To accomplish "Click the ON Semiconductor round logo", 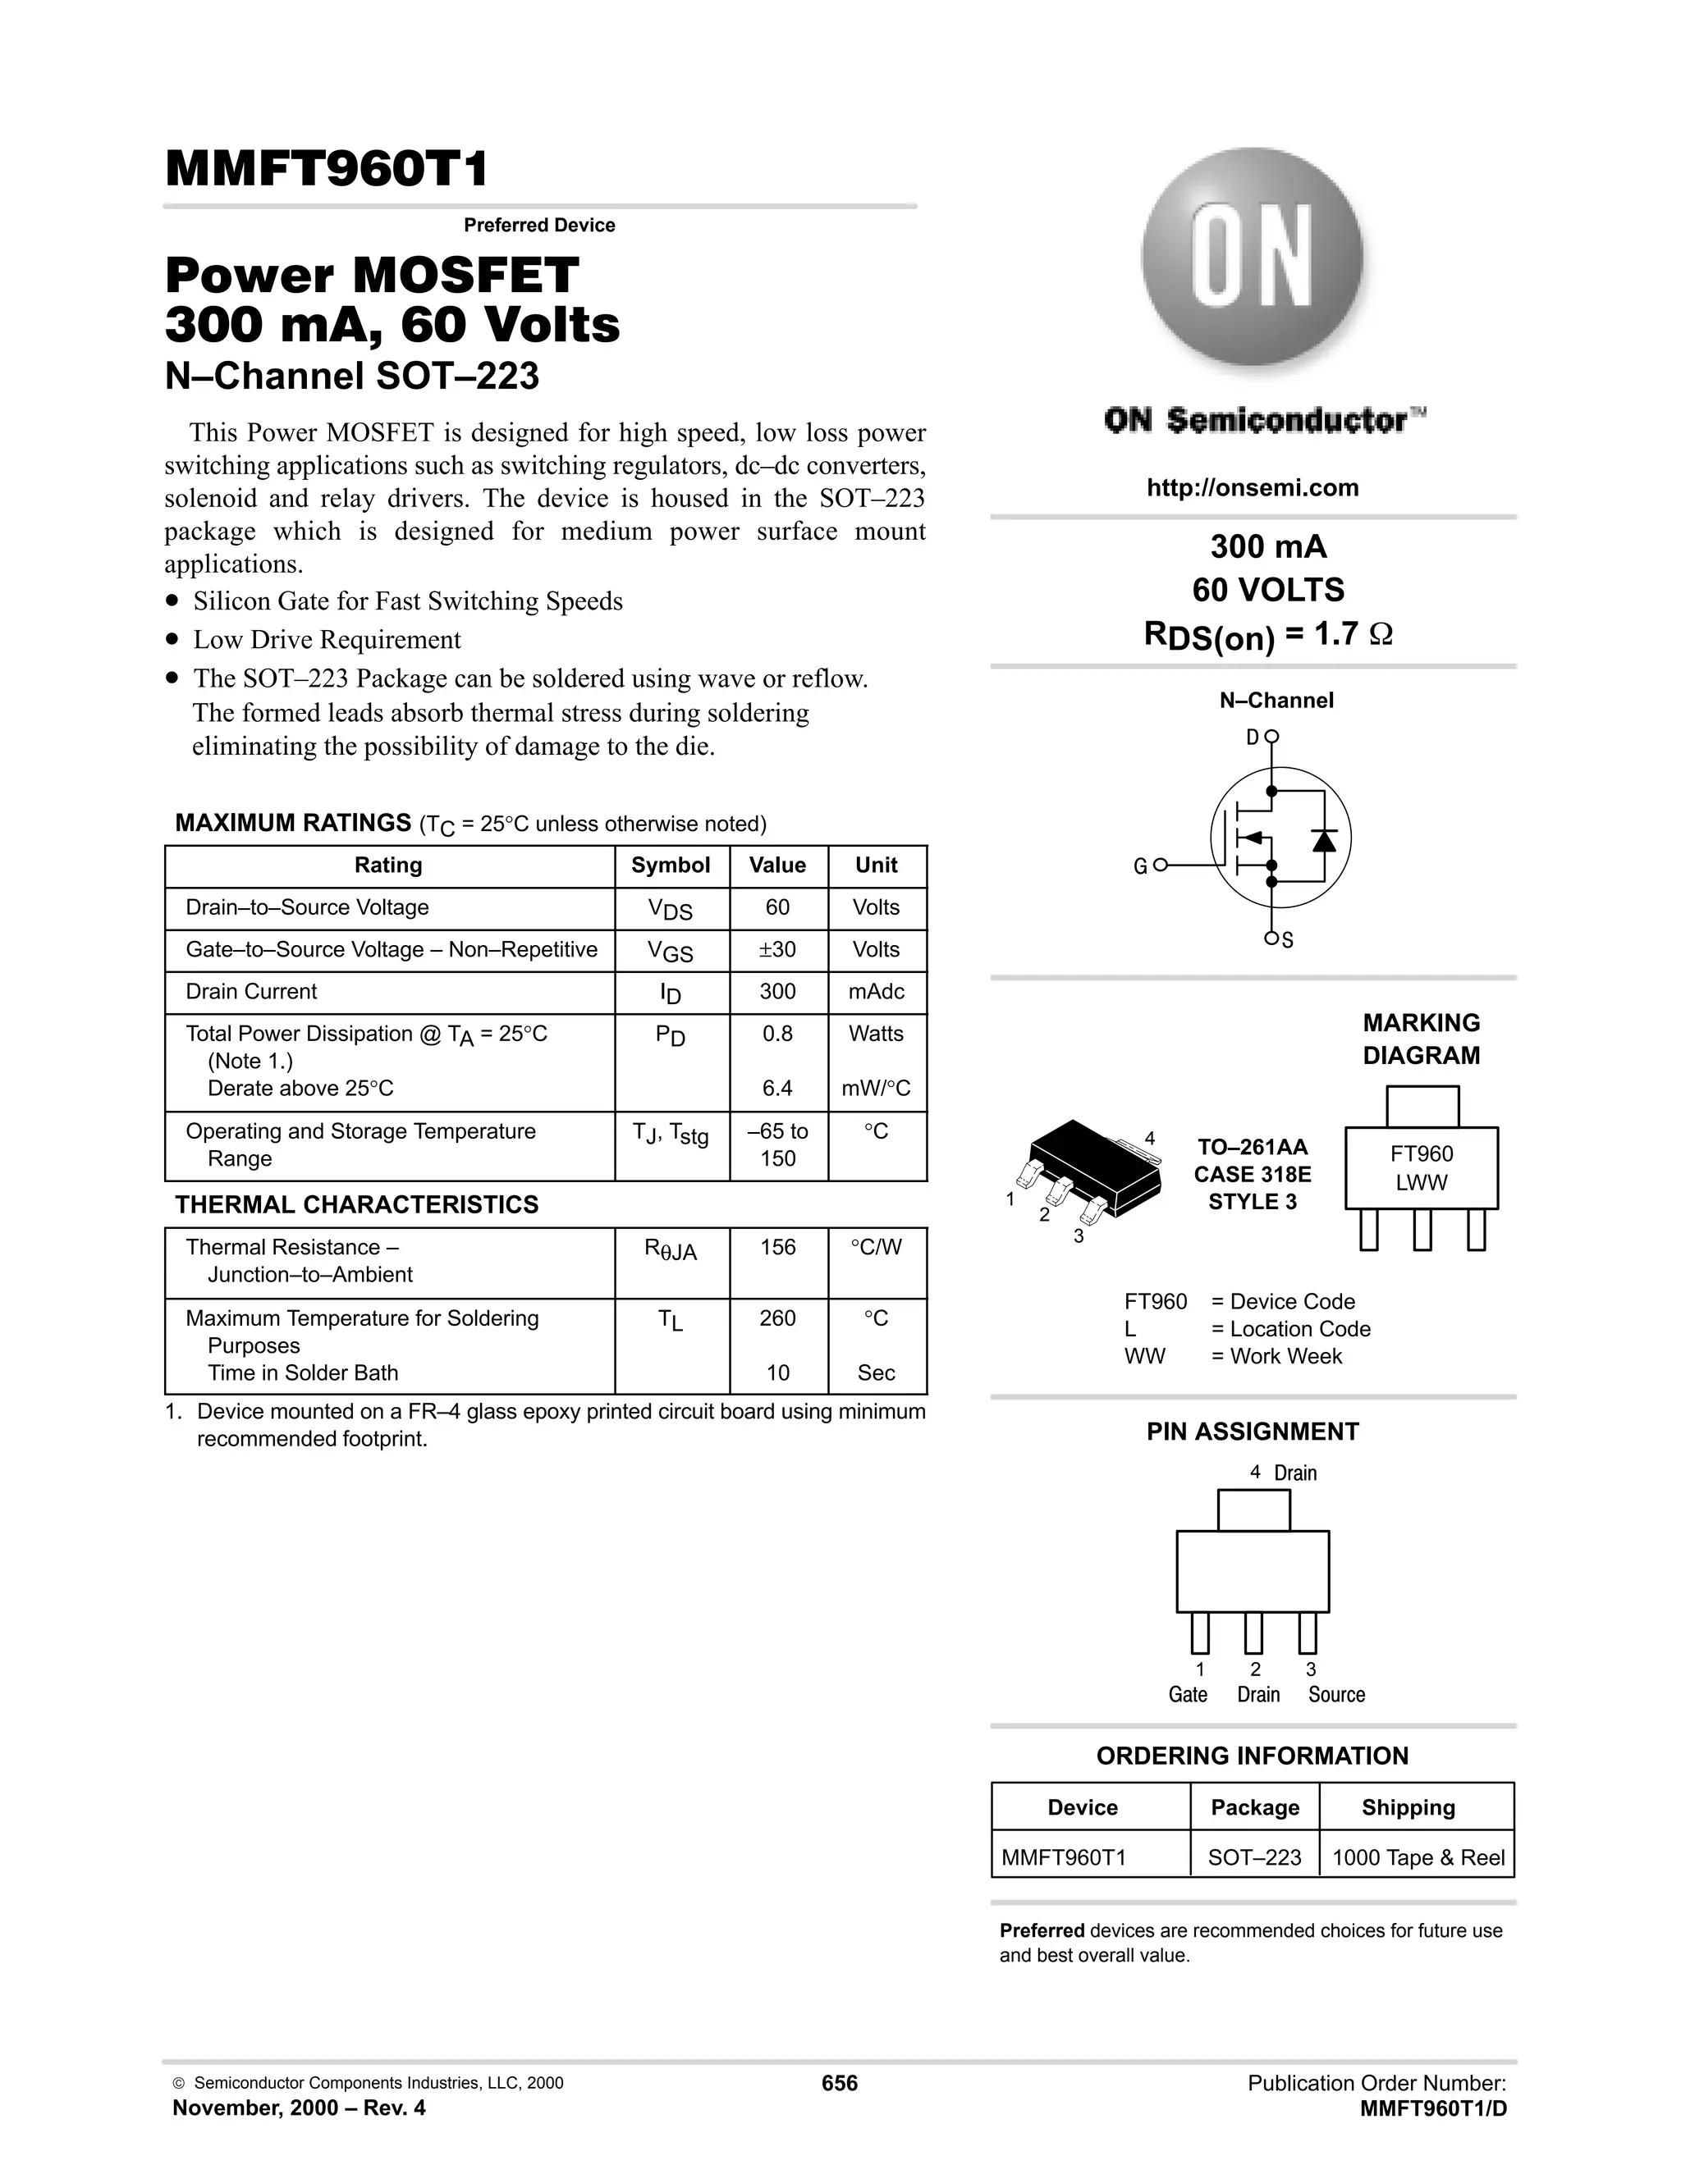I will pyautogui.click(x=1252, y=262).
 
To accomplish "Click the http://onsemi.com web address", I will pyautogui.click(x=1252, y=488).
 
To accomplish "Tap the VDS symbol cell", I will pyautogui.click(x=671, y=909).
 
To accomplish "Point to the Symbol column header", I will pyautogui.click(x=671, y=865).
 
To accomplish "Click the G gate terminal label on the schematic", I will pyautogui.click(x=1140, y=867).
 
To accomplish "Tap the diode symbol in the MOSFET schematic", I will pyautogui.click(x=1323, y=840).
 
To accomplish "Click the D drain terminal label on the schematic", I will pyautogui.click(x=1252, y=738).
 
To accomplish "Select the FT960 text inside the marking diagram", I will pyautogui.click(x=1421, y=1153).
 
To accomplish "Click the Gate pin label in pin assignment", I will pyautogui.click(x=1187, y=1694).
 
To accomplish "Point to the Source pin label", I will pyautogui.click(x=1335, y=1694).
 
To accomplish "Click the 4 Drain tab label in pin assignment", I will pyautogui.click(x=1284, y=1473).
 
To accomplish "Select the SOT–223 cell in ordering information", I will pyautogui.click(x=1254, y=1857).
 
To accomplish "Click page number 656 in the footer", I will pyautogui.click(x=840, y=2084).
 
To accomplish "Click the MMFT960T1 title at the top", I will pyautogui.click(x=327, y=169).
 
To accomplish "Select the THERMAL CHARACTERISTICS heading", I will pyautogui.click(x=356, y=1204).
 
